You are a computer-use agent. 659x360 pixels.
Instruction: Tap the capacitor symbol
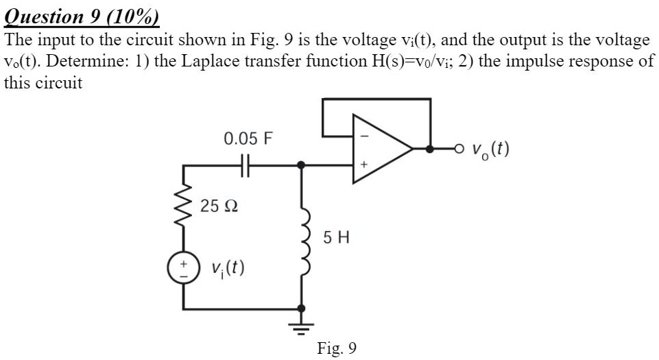[x=248, y=165]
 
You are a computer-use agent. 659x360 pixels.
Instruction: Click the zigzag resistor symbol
[x=183, y=202]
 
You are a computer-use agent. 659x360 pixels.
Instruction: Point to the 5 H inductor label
[x=335, y=238]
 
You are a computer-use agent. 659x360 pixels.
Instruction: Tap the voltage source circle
[x=183, y=267]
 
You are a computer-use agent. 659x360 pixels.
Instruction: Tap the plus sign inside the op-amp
[x=364, y=165]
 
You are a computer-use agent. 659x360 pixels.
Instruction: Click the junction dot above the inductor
[x=300, y=165]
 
